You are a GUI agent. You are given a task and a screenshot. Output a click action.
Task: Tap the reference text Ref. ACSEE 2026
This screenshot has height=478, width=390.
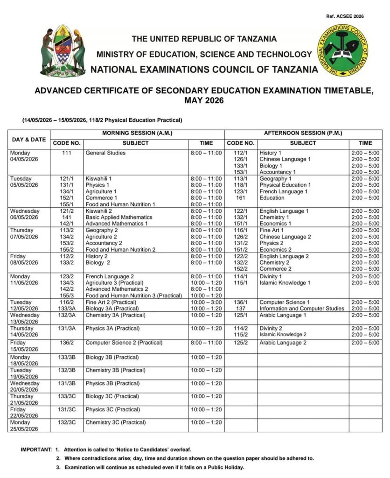coord(345,16)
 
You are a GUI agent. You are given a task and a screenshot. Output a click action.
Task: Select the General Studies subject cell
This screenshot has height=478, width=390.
coord(105,153)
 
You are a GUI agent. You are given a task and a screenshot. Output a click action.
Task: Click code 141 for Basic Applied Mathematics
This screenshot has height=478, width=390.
coord(66,218)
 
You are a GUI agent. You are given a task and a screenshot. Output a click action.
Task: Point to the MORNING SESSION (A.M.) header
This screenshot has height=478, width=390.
coord(138,134)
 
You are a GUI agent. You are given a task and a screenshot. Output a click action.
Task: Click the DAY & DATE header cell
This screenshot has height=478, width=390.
coord(29,139)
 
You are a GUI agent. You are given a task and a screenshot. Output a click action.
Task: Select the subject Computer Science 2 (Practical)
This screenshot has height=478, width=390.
coord(124,343)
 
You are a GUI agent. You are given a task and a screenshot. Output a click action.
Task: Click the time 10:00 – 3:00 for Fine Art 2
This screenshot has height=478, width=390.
coord(206,302)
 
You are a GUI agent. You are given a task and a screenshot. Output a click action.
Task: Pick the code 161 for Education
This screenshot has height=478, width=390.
coord(240,198)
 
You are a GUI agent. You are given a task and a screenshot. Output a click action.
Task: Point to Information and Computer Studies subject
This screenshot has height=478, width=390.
coord(302,309)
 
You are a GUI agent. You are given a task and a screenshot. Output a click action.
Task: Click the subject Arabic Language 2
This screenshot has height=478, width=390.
coord(283,343)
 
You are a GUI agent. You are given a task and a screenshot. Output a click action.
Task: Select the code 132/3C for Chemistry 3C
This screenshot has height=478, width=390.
coord(67,423)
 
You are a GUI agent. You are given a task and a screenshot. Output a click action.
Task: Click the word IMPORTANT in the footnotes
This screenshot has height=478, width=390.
coord(36,450)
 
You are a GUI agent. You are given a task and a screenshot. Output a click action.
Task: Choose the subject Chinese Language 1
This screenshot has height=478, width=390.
coord(285,160)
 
